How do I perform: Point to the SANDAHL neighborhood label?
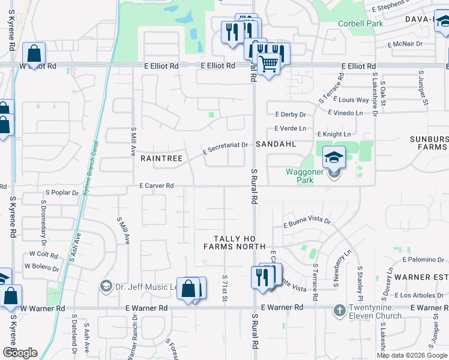(x=277, y=145)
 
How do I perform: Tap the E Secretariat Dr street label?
(x=225, y=146)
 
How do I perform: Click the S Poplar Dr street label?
(x=62, y=193)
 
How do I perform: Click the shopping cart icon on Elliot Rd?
(x=269, y=63)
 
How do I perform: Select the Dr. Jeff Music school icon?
(x=106, y=286)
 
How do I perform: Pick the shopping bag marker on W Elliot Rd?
(x=34, y=53)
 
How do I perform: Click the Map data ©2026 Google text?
(x=412, y=355)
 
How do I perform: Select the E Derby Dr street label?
(x=291, y=114)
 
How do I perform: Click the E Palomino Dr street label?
(x=424, y=260)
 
